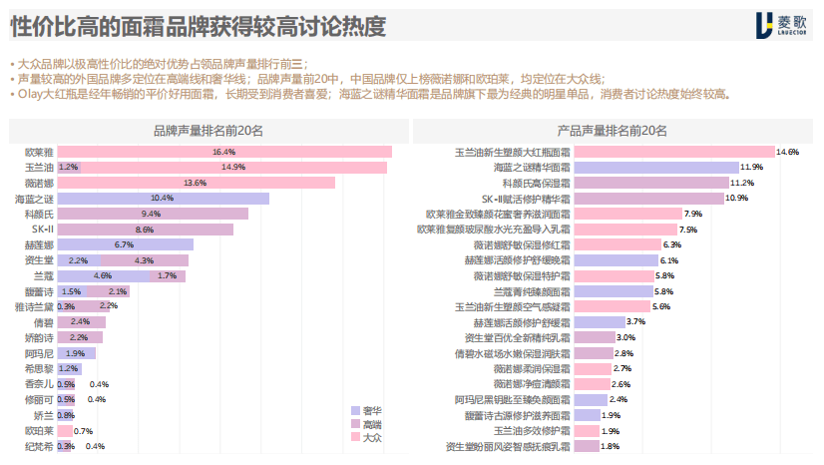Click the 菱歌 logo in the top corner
tap(783, 25)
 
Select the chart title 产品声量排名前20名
tap(612, 131)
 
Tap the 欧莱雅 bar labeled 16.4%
tap(223, 152)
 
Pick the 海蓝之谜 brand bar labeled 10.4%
tap(163, 199)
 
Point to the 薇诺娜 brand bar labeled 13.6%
tap(196, 183)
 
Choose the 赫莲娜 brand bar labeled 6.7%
tap(125, 244)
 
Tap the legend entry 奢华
tap(369, 410)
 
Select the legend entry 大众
tap(369, 437)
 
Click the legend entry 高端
tap(369, 424)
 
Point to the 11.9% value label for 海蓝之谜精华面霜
tap(751, 168)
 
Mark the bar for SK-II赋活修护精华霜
tap(647, 199)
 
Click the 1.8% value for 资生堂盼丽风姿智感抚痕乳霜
tap(610, 446)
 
